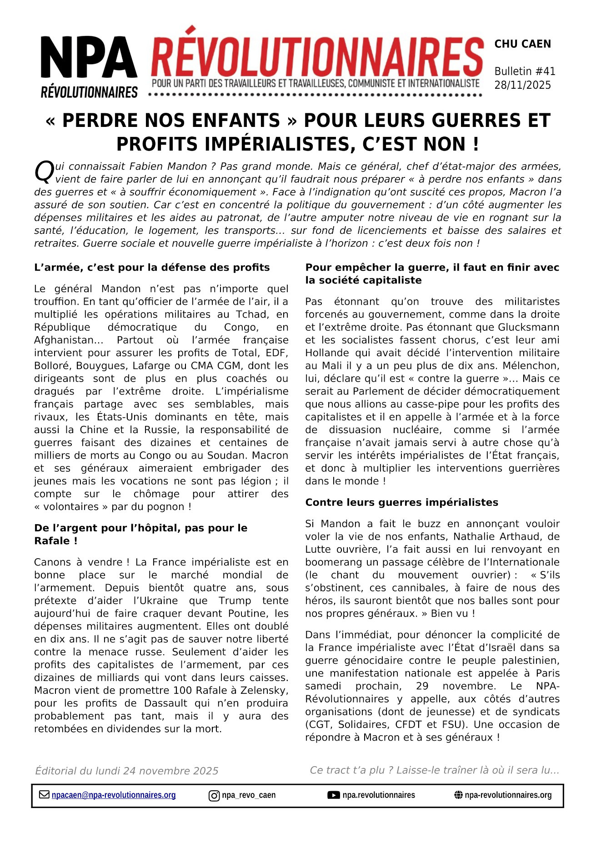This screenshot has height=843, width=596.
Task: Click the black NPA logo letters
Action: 89,57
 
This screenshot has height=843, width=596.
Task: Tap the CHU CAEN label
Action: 522,44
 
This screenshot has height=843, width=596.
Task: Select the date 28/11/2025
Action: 522,85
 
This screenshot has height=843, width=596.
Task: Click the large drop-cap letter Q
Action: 44,172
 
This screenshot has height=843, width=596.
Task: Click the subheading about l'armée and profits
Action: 152,268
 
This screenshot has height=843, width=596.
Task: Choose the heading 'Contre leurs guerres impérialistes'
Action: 401,502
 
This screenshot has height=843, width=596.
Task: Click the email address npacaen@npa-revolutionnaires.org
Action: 114,795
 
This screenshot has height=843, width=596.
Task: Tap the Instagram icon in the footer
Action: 214,796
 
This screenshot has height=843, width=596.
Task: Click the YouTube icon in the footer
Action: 333,795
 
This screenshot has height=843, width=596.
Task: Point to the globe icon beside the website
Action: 458,795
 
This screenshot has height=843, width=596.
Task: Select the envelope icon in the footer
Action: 44,795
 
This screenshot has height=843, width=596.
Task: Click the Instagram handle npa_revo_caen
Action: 249,795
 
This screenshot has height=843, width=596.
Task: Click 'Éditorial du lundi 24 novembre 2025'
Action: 126,771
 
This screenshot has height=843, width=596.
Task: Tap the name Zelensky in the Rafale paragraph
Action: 266,690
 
